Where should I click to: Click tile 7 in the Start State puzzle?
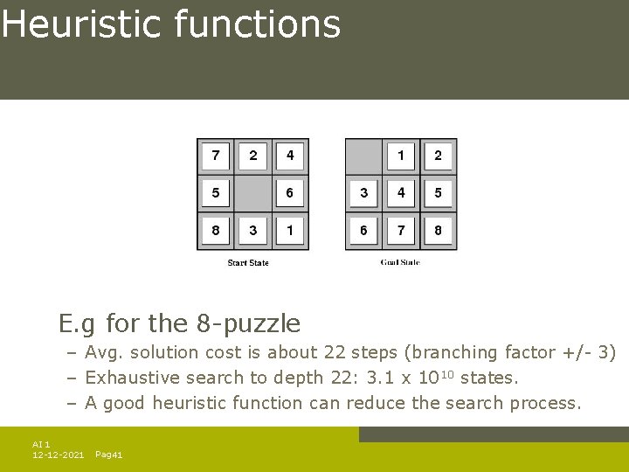click(x=216, y=156)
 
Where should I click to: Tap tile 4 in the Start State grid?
click(x=290, y=156)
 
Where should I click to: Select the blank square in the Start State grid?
click(x=252, y=193)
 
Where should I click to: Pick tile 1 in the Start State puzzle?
click(x=290, y=231)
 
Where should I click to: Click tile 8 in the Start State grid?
click(x=216, y=231)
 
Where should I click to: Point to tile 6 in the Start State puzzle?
click(x=290, y=193)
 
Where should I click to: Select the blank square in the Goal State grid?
click(x=363, y=156)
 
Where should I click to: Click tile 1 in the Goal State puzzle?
click(x=401, y=156)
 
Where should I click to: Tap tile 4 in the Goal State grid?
click(x=401, y=193)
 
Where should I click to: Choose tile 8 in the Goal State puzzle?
click(x=438, y=231)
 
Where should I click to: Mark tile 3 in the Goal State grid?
click(x=363, y=193)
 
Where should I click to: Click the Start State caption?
click(x=248, y=263)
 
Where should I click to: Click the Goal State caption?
click(x=400, y=263)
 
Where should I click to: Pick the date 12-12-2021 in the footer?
click(x=58, y=455)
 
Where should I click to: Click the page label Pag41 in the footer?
click(x=108, y=455)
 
